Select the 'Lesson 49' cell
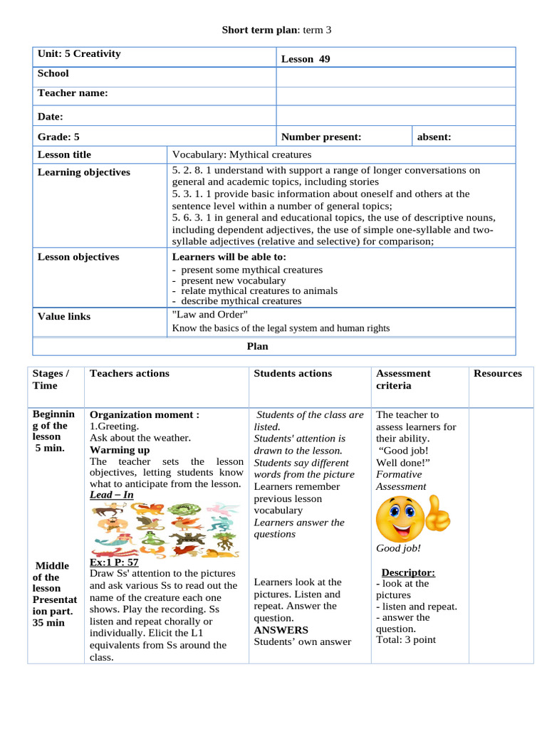pos(306,59)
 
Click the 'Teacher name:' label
pos(73,93)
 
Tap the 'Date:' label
pos(51,117)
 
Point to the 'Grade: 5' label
pos(58,137)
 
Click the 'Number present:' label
pos(321,137)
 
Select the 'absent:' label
pos(434,137)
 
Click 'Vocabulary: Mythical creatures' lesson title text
pos(241,154)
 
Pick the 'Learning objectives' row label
pos(83,172)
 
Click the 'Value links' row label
pos(64,316)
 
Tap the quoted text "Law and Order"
pos(209,314)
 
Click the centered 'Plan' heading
pos(257,346)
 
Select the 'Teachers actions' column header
pos(130,373)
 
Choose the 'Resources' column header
pos(497,373)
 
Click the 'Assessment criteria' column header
pos(403,379)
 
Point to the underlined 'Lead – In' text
pos(111,495)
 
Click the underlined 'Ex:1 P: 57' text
pos(114,562)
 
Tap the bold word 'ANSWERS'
pos(281,630)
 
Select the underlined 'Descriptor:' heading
pos(408,572)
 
